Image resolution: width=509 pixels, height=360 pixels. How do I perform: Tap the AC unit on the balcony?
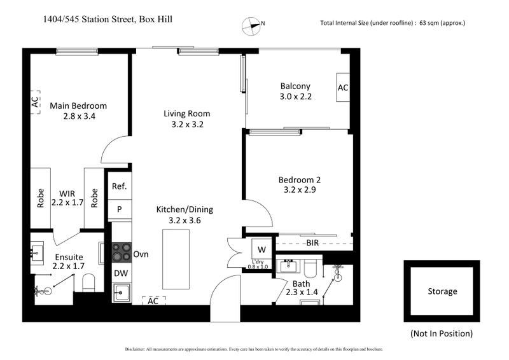343,87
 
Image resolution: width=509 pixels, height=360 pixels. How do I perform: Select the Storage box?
442,291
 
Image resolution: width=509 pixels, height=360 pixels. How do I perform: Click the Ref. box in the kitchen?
120,186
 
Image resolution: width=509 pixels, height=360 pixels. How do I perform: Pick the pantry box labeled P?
120,209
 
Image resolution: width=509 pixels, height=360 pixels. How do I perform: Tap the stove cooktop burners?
120,253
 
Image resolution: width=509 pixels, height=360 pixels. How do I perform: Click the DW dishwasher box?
120,273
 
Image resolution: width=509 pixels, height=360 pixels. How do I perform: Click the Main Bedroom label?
78,106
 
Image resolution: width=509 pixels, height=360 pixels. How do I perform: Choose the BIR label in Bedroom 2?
313,243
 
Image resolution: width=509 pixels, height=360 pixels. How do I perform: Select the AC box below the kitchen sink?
153,301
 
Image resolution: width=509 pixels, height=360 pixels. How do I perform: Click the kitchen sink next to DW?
120,293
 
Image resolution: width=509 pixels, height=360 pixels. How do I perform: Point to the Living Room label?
186,114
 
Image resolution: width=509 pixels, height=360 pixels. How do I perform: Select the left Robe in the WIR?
41,198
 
